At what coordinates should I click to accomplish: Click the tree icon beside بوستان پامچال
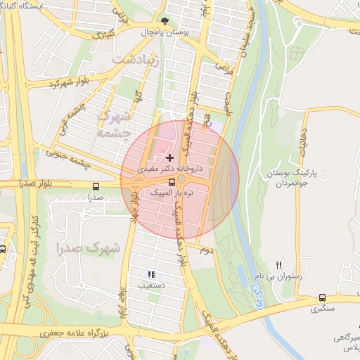165,22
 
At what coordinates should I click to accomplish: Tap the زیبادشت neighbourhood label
141,61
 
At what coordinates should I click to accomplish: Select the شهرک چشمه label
114,123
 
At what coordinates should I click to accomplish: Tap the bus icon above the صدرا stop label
96,186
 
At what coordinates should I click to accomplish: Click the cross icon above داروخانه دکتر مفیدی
169,157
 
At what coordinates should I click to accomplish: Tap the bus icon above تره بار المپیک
172,182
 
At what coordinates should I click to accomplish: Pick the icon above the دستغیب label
150,274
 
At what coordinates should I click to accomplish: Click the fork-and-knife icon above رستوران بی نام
278,265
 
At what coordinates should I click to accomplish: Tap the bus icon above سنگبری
322,297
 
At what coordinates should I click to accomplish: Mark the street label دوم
205,250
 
